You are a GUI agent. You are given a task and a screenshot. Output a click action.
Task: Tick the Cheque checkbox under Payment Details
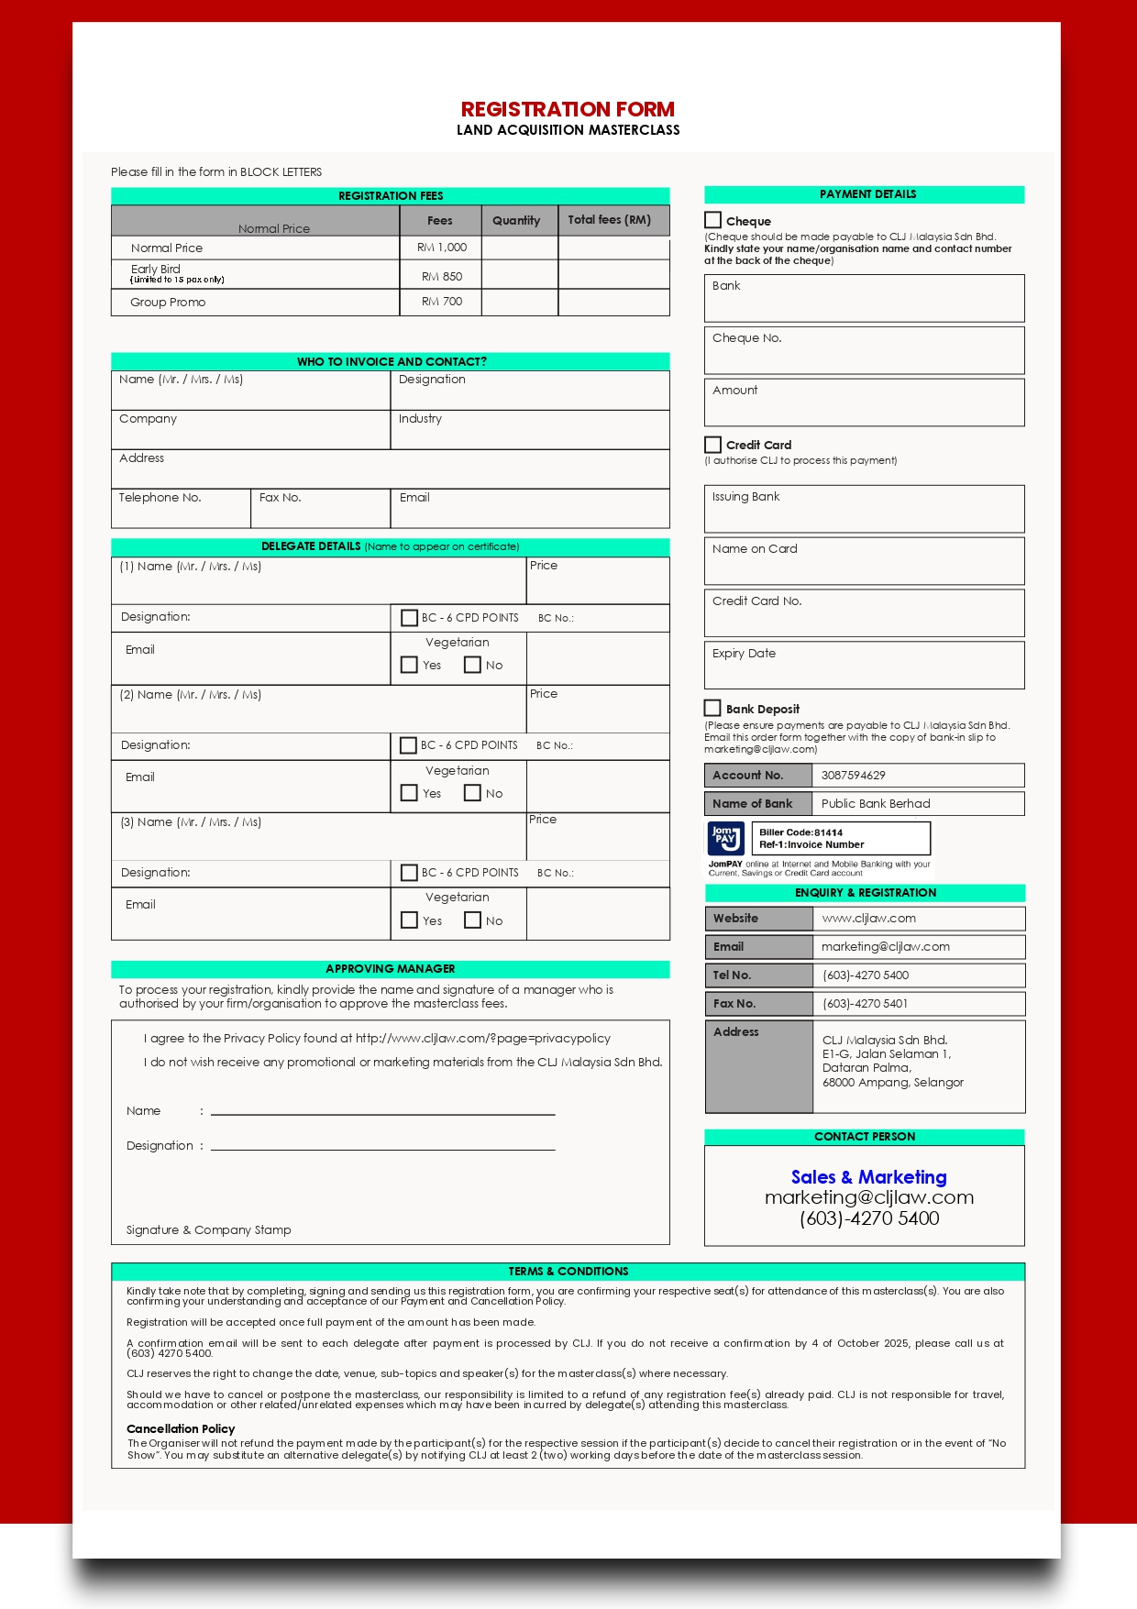[712, 220]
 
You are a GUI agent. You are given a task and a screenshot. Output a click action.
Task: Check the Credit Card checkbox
[712, 445]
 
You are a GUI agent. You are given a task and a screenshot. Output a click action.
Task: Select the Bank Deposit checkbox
[712, 708]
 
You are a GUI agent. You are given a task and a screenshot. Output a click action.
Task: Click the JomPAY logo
[725, 838]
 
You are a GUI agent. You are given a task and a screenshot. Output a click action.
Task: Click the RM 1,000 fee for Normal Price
[442, 248]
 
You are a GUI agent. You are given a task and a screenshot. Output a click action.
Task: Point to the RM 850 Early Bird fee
[442, 276]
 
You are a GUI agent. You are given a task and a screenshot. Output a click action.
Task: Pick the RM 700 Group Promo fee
[442, 302]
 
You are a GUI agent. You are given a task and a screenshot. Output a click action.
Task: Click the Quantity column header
[516, 220]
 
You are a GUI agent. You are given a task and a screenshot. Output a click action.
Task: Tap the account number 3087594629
[853, 776]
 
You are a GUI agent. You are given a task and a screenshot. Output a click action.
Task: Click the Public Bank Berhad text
[875, 804]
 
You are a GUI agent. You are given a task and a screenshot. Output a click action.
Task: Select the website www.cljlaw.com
[868, 919]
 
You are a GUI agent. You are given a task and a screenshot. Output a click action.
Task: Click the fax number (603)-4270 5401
[865, 1004]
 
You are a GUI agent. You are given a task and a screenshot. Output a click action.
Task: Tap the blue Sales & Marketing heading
[868, 1177]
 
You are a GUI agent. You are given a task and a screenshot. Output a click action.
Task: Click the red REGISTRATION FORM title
[568, 109]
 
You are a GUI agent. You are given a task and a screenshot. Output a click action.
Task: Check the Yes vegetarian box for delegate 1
[410, 665]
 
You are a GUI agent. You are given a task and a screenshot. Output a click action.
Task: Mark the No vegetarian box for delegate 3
[473, 920]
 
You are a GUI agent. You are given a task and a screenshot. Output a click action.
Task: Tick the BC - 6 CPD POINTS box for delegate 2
[409, 745]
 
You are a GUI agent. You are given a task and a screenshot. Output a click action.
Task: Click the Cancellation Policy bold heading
[181, 1428]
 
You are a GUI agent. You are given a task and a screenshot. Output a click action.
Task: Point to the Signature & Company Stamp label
[208, 1230]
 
